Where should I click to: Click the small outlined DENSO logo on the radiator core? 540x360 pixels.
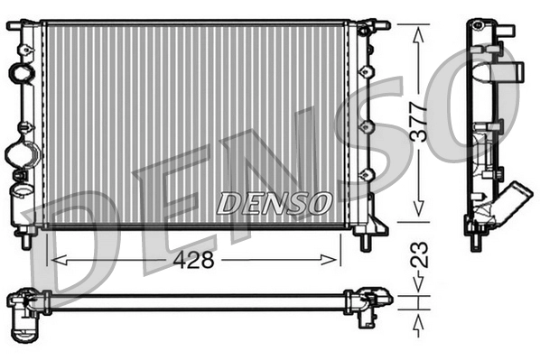[274, 203]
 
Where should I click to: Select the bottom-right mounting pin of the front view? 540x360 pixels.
[367, 241]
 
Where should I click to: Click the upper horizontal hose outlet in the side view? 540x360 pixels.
[513, 69]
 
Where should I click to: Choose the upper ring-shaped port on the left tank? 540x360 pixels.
[20, 71]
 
